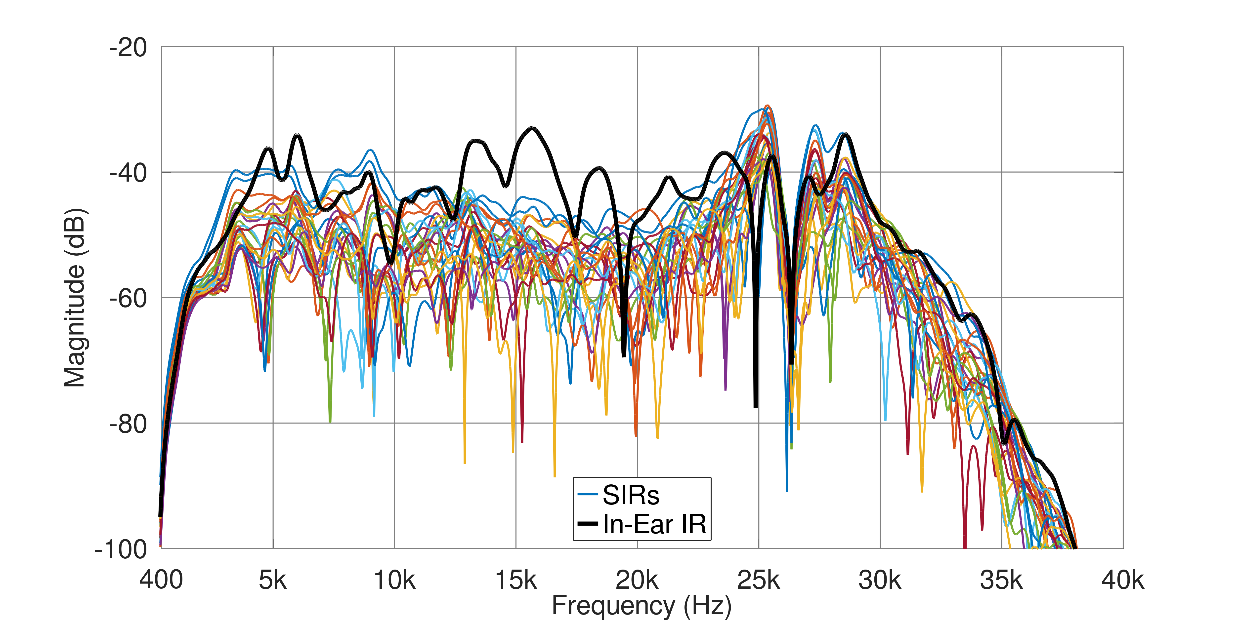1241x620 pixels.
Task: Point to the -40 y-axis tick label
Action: click(128, 173)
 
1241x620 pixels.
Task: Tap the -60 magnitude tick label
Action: click(128, 298)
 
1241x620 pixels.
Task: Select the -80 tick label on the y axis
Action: click(128, 424)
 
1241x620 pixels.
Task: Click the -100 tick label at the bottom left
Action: click(121, 549)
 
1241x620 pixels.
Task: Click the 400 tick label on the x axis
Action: click(161, 580)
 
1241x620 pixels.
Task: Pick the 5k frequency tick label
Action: click(273, 580)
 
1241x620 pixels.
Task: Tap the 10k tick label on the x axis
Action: click(394, 580)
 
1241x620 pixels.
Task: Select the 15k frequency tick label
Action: click(516, 580)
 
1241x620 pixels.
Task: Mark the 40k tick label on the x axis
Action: click(1122, 580)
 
